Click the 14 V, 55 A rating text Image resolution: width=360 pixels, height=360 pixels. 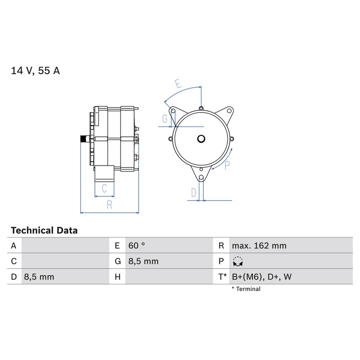coord(36,71)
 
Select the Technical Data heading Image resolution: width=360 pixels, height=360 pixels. coord(44,230)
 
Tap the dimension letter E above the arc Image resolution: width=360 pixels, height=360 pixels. coord(178,84)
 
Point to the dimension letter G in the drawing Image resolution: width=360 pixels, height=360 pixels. coord(165,119)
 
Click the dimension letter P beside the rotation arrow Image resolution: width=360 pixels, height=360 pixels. coord(227,165)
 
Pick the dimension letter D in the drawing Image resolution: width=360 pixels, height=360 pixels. coord(194,193)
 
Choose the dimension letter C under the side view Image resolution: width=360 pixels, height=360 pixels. coord(104,189)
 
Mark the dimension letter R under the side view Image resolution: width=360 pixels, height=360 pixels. coord(109,205)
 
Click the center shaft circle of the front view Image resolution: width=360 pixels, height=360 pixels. coord(201,139)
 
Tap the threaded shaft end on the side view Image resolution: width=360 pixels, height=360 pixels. coord(85,139)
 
